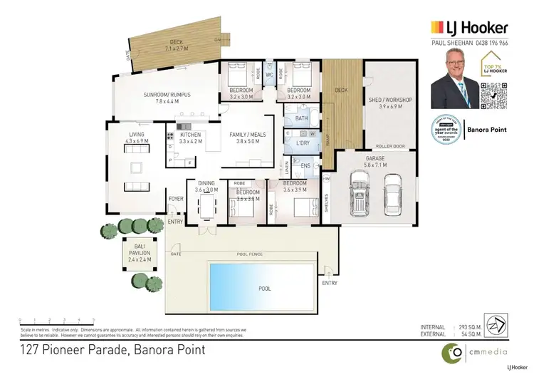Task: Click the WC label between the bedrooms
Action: (x=270, y=75)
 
